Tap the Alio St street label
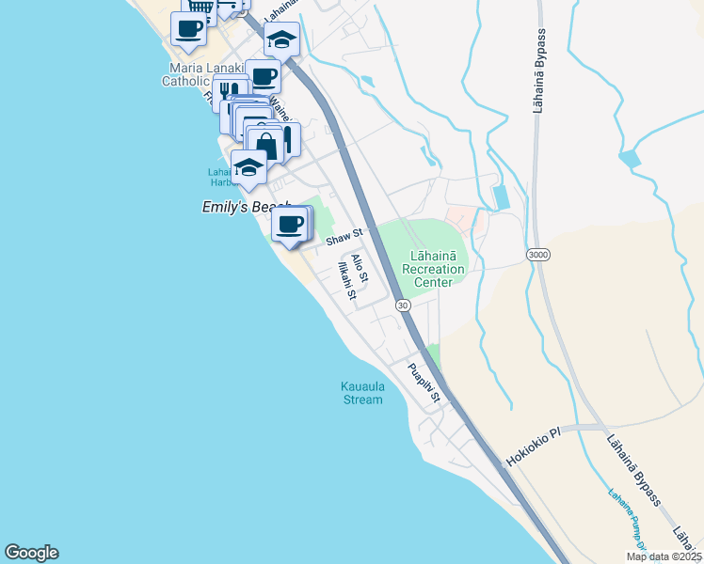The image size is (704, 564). [x=360, y=269]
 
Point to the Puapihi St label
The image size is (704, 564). [x=424, y=383]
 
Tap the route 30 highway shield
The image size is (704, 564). [x=402, y=305]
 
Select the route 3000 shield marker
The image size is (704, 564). [x=537, y=255]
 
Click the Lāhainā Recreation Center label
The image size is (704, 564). [x=434, y=269]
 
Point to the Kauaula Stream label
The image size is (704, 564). [x=361, y=393]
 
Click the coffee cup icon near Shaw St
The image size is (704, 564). [x=290, y=225]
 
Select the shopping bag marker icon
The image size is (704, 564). [x=266, y=146]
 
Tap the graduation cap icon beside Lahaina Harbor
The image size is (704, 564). [x=248, y=167]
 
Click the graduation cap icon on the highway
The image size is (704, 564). [x=281, y=39]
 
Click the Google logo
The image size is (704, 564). [x=31, y=553]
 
